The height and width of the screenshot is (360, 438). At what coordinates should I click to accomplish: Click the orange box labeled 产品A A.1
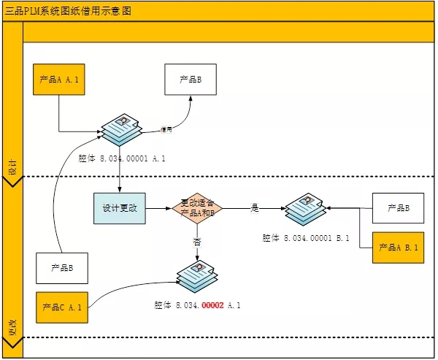click(x=58, y=79)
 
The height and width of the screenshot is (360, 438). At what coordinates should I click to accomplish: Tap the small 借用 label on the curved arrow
click(x=166, y=130)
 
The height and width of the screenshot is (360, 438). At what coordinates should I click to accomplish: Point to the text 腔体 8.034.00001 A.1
click(x=122, y=158)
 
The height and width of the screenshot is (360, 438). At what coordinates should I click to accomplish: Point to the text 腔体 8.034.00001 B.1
click(x=306, y=238)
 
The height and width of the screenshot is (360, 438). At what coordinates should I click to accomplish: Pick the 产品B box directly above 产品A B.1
click(x=398, y=208)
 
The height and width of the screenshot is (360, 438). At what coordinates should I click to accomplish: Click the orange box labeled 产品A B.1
click(x=398, y=248)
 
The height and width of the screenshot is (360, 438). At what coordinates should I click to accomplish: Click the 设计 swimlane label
click(x=12, y=167)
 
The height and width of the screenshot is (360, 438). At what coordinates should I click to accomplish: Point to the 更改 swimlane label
click(x=12, y=326)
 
